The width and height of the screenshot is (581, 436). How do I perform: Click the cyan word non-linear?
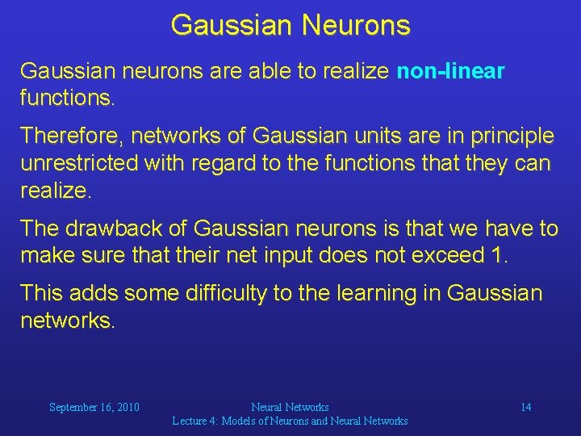(x=450, y=71)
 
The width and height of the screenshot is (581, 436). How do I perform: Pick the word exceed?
(x=447, y=258)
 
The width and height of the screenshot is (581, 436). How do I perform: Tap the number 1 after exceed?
(x=496, y=258)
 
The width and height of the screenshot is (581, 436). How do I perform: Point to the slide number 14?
(x=525, y=407)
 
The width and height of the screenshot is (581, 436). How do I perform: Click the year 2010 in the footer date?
(x=127, y=407)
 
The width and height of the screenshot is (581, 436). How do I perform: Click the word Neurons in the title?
(x=356, y=24)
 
